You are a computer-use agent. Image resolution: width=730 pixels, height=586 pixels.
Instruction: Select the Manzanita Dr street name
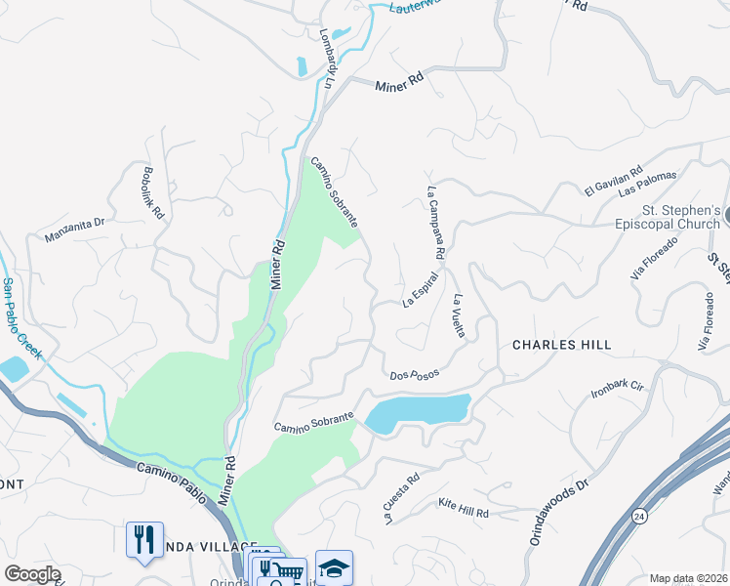coord(74,230)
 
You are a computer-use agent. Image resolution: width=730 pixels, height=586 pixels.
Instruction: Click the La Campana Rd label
coord(436,224)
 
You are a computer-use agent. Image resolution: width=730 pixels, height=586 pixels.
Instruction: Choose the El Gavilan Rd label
coord(614,180)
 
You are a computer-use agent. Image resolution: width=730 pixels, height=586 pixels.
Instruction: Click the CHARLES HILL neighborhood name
coord(562,345)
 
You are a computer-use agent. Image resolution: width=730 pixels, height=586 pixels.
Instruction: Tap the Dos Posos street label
coord(414,374)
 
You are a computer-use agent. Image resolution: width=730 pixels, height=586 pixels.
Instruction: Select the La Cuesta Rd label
coord(401,498)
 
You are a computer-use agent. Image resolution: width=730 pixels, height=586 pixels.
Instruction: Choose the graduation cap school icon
coord(334,567)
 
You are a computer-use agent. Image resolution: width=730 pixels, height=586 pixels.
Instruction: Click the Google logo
coord(32,574)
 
